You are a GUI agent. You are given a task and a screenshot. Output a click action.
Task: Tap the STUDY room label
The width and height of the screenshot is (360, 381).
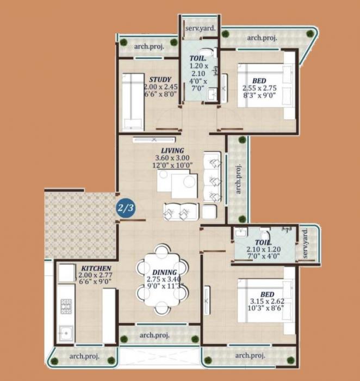pos(160,79)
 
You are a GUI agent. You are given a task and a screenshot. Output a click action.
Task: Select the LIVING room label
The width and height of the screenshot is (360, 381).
pos(172,150)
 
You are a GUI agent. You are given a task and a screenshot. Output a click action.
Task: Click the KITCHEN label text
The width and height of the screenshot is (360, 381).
pos(96,268)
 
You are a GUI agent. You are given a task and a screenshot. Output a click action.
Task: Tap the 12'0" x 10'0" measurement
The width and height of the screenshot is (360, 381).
pos(172,165)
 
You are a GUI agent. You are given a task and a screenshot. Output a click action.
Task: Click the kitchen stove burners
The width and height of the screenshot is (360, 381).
pos(66,306)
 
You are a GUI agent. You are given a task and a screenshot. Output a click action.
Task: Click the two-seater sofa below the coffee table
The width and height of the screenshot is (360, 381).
pos(181,211)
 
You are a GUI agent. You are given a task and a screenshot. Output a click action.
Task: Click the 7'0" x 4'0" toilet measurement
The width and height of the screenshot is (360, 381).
pos(263,256)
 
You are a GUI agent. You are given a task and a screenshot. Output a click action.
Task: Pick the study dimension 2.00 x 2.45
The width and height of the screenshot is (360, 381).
pos(160,87)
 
